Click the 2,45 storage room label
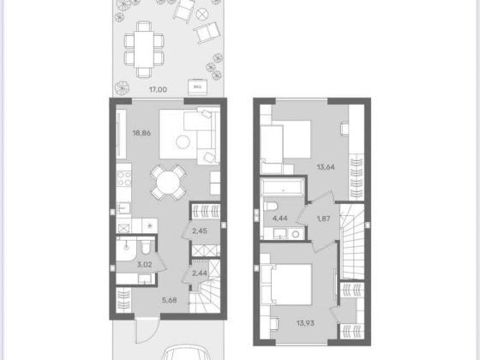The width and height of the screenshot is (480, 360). click(200, 231)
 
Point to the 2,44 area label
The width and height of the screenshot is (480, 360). click(200, 273)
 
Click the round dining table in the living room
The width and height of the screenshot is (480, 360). click(168, 181)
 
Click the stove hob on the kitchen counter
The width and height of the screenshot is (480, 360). click(123, 180)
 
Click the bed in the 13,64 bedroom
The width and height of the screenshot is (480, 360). click(289, 139)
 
